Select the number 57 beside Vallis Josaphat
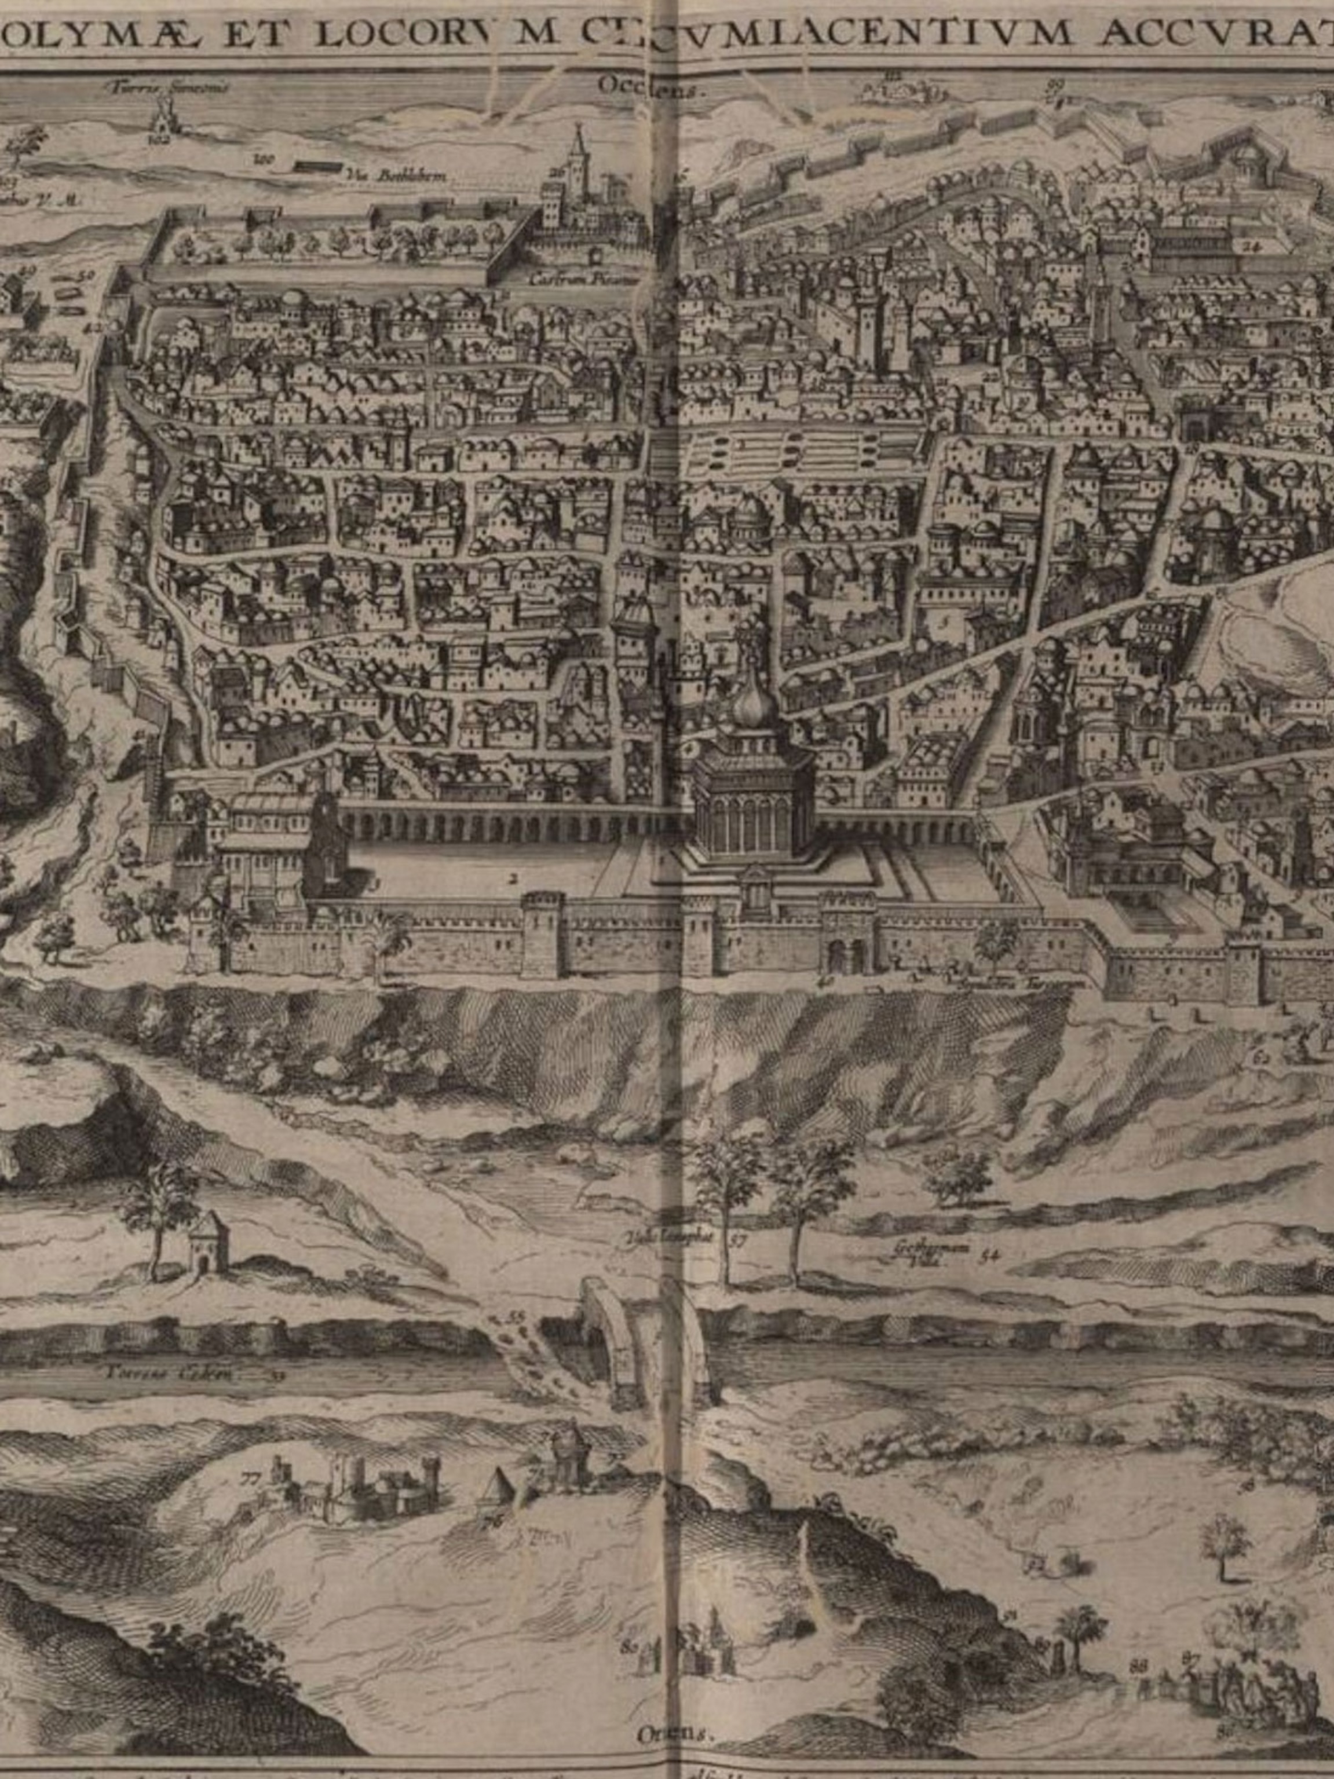[x=740, y=1239]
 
